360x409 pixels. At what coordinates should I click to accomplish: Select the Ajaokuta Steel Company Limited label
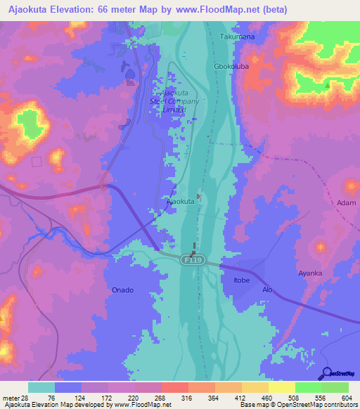click(180, 101)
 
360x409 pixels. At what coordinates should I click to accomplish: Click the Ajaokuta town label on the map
click(180, 201)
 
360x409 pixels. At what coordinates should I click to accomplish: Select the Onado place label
click(122, 290)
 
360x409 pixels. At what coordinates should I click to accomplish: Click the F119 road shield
click(189, 260)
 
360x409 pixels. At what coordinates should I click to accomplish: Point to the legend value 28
click(25, 398)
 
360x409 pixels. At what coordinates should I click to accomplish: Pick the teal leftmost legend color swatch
click(41, 387)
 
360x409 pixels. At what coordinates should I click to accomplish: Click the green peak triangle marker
click(328, 86)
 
